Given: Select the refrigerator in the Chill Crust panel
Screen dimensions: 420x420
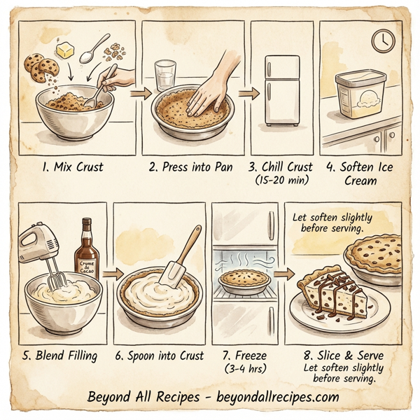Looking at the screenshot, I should [281, 90].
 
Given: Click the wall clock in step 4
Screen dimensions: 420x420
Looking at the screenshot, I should [382, 41].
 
